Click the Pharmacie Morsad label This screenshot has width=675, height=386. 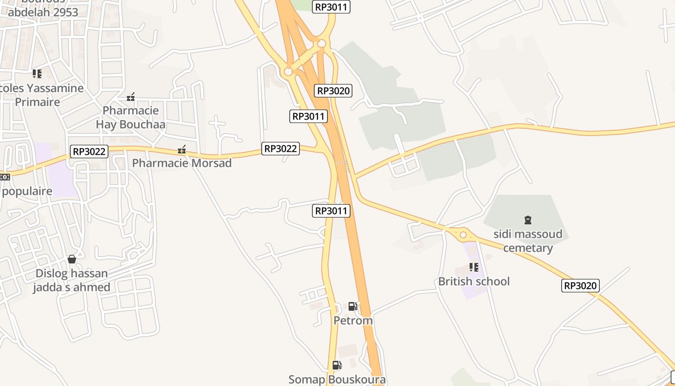point(182,163)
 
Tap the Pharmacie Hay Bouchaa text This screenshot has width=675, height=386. point(131,117)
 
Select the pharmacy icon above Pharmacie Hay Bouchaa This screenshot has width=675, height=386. point(131,97)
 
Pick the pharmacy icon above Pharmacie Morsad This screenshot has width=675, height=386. point(182,150)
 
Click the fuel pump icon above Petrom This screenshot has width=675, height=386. point(353,306)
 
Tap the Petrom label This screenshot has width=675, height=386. point(353,320)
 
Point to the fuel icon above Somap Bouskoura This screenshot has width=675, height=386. point(337,365)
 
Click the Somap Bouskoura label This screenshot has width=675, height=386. point(337,379)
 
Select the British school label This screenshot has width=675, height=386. point(473,281)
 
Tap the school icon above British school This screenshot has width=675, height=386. point(473,267)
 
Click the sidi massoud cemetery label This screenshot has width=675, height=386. point(527,241)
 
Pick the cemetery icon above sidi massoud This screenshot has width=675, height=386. point(527,220)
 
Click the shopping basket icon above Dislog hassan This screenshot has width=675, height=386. point(72,259)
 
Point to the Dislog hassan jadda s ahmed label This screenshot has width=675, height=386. point(72,280)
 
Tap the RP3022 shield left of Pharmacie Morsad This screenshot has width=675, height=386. point(89,152)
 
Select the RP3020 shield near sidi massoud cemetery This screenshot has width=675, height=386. point(580,286)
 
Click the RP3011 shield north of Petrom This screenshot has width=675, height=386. point(331,211)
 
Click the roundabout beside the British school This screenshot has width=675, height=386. point(463,235)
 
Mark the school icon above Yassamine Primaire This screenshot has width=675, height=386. point(37,74)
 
